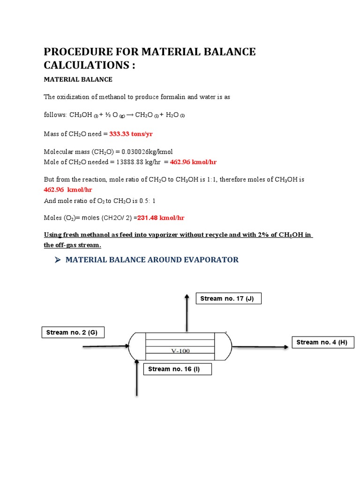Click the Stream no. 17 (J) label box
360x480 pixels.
coord(228,299)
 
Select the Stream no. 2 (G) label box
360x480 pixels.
coord(72,333)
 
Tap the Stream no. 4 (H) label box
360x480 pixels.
coord(323,343)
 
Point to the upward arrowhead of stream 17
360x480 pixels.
coord(187,297)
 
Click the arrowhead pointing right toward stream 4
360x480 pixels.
coord(285,347)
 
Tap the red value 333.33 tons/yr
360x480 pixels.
coord(131,134)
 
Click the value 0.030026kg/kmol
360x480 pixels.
coord(147,151)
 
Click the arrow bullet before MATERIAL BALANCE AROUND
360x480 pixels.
coord(58,260)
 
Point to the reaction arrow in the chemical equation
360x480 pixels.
coord(129,115)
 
